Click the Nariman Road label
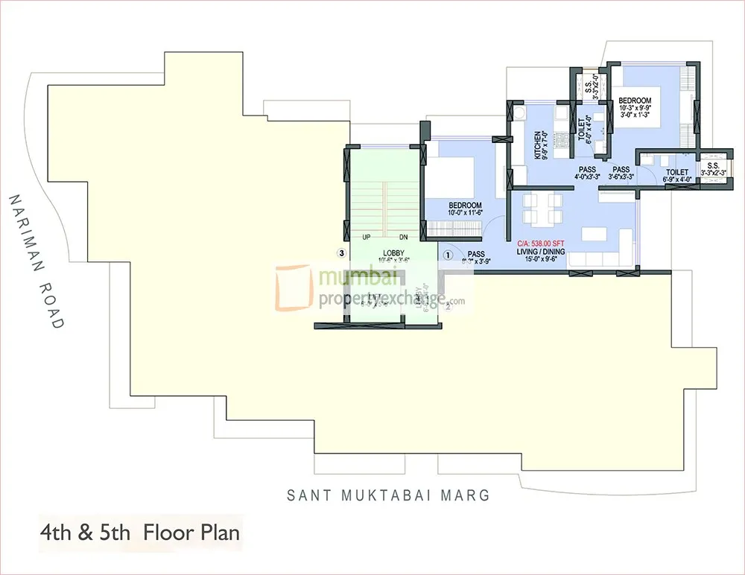[35, 261]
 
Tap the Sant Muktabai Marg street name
[389, 495]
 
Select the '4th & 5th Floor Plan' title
[141, 533]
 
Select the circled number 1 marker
[448, 253]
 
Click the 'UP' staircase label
[366, 238]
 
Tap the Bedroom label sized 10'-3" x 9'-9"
[635, 101]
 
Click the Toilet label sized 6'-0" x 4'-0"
[583, 128]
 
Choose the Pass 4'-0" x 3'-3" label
[587, 173]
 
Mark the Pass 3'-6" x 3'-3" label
[621, 173]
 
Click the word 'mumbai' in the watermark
[349, 278]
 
